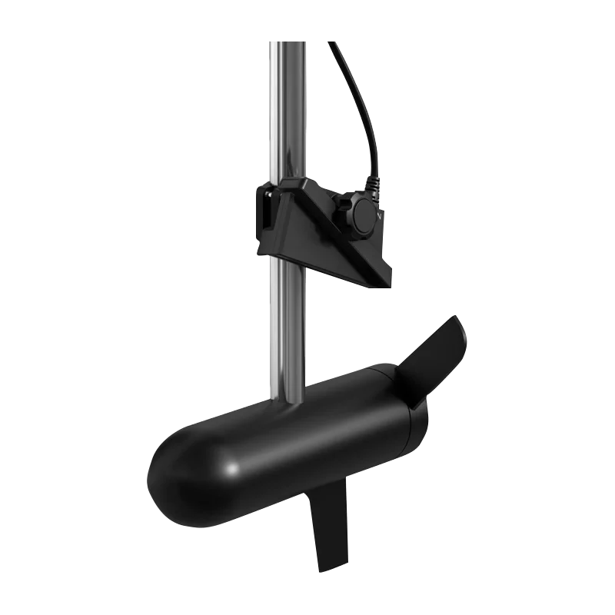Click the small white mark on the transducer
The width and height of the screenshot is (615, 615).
382,218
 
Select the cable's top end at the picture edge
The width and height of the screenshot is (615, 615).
333,45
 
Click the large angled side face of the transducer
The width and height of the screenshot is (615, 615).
323,231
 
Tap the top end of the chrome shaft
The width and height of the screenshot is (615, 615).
288,45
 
